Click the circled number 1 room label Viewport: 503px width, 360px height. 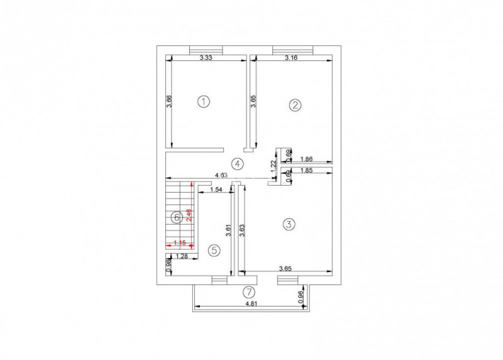(x=202, y=101)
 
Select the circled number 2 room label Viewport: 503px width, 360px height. (x=294, y=105)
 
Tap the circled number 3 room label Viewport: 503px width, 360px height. (x=288, y=224)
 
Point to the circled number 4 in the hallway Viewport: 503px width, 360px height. (x=236, y=164)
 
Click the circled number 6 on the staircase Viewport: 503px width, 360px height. (x=177, y=217)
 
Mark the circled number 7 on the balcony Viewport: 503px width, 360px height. (x=249, y=292)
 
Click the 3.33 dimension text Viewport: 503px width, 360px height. (x=205, y=58)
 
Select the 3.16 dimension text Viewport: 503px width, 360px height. (x=290, y=58)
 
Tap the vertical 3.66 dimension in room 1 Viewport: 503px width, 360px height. (x=169, y=102)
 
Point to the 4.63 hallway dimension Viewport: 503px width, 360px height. (x=221, y=175)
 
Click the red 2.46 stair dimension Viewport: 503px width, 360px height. (x=189, y=215)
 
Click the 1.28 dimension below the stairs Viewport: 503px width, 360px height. (x=182, y=256)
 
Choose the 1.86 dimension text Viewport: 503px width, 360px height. (x=307, y=160)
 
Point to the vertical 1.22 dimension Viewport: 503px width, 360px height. (x=274, y=166)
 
